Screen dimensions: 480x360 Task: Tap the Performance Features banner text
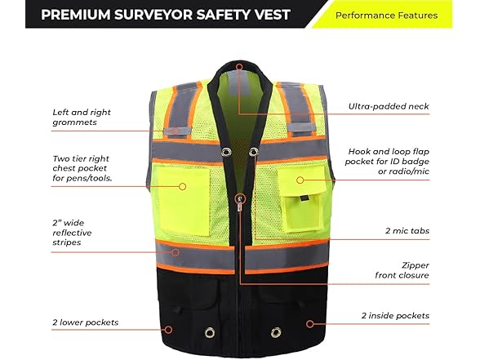(386, 16)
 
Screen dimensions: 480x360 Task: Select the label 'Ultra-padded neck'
(389, 106)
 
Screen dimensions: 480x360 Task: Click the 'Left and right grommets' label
(82, 117)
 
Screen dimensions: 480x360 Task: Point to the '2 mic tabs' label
(407, 231)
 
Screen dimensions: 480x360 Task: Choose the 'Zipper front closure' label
(402, 270)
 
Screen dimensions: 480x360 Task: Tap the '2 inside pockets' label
(395, 316)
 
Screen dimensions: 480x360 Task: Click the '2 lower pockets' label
(85, 322)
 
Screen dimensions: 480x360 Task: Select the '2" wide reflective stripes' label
(72, 233)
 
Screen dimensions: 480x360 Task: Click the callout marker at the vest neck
(239, 67)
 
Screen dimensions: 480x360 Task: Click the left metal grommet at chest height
(227, 151)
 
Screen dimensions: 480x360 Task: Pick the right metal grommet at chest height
(253, 152)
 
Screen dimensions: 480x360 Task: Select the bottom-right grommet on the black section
(276, 331)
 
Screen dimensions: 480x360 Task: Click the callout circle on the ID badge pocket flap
(300, 180)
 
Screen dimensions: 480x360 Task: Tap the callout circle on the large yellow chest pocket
(183, 186)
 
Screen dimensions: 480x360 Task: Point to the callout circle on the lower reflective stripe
(175, 252)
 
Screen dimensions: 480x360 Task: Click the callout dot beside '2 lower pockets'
(168, 330)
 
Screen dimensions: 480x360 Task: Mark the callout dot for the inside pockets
(310, 323)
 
